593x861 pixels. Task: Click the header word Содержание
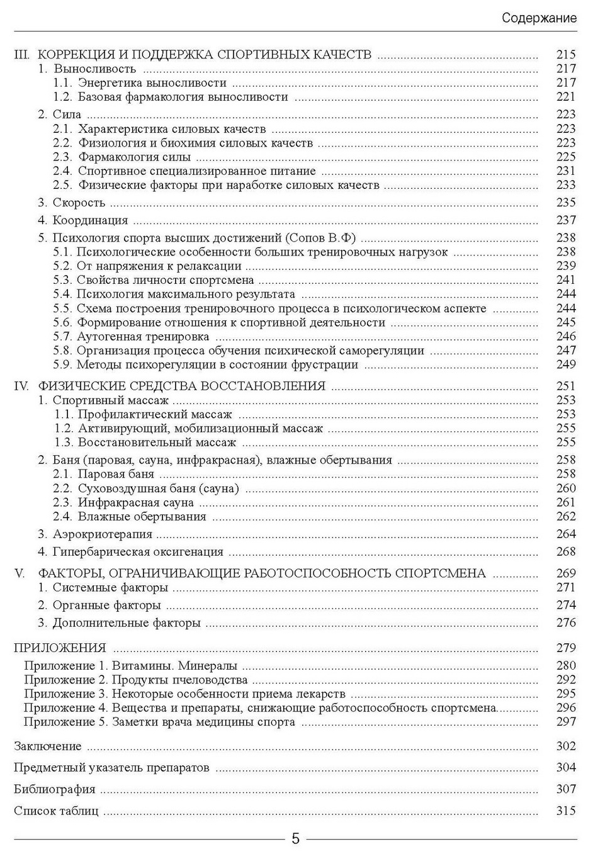click(x=539, y=18)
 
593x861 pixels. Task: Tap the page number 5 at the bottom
click(x=295, y=839)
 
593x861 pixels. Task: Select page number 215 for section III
click(x=566, y=55)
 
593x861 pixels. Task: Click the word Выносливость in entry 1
click(x=94, y=69)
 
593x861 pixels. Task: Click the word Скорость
click(x=79, y=203)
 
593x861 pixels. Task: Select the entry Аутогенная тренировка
click(x=143, y=337)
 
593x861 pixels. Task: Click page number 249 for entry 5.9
click(x=566, y=364)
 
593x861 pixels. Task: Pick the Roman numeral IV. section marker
click(x=21, y=386)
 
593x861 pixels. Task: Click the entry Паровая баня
click(x=116, y=474)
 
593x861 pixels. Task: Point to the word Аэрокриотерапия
click(x=103, y=534)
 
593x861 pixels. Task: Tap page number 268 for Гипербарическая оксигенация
click(x=566, y=552)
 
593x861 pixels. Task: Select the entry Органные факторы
click(x=106, y=605)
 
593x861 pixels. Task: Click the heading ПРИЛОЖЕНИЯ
click(x=60, y=648)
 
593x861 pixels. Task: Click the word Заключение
click(x=48, y=746)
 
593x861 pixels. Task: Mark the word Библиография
click(x=55, y=789)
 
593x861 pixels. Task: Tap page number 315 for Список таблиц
click(x=566, y=811)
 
